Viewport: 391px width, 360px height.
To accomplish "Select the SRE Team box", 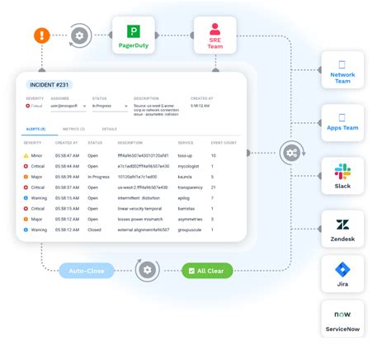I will point(214,36).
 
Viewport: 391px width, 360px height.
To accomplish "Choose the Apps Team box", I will point(343,123).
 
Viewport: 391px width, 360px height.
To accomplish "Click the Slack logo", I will point(342,172).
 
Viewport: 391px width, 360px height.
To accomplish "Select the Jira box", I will point(343,275).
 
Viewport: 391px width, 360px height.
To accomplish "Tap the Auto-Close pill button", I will point(87,270).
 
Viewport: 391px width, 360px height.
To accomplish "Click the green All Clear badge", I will point(207,270).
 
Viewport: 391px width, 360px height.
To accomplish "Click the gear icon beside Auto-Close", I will point(147,270).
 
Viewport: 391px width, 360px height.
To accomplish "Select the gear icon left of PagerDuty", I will point(80,36).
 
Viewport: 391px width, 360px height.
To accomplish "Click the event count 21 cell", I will point(214,187).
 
